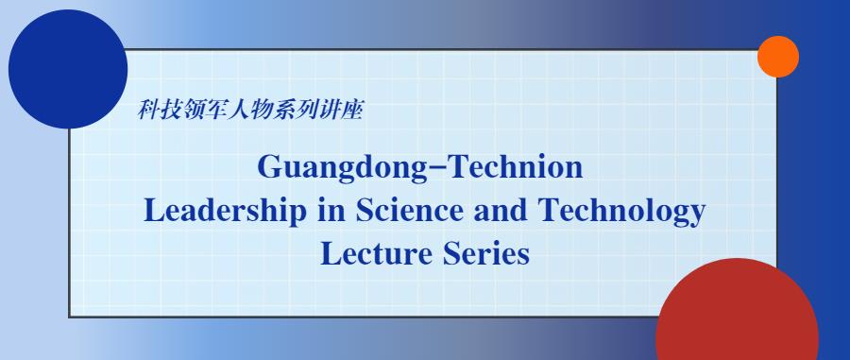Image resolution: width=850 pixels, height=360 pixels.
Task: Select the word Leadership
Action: pyautogui.click(x=225, y=212)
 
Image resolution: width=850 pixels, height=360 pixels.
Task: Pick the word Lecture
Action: pyautogui.click(x=377, y=254)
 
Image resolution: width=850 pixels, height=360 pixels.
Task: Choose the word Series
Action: pyautogui.click(x=486, y=254)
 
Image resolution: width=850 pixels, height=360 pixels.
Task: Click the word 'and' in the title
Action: pyautogui.click(x=501, y=211)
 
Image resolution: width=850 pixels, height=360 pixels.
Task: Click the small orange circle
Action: pyautogui.click(x=778, y=57)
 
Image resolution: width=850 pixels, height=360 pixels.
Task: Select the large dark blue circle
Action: pyautogui.click(x=68, y=69)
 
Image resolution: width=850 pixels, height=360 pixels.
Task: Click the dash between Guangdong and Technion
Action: pyautogui.click(x=434, y=168)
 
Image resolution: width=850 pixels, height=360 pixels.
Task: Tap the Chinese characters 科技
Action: pyautogui.click(x=159, y=110)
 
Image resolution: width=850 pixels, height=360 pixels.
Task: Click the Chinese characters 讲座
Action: pyautogui.click(x=339, y=110)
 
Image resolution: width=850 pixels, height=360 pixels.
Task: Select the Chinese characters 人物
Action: pyautogui.click(x=248, y=110)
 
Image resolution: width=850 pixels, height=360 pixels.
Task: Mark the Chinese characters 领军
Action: pyautogui.click(x=204, y=110)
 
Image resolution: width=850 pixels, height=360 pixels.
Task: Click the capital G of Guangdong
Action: pyautogui.click(x=269, y=166)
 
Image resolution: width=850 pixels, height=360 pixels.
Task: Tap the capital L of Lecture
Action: pyautogui.click(x=331, y=254)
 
